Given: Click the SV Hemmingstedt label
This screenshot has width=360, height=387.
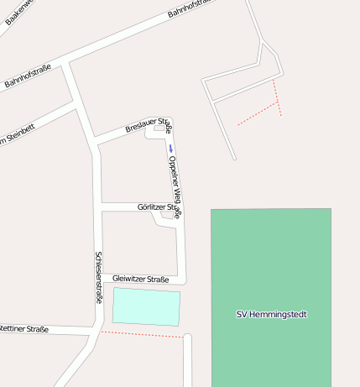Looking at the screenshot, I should coord(271,315).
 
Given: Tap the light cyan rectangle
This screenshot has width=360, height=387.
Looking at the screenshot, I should coord(146,306).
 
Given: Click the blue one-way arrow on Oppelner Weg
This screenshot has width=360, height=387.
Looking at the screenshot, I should coord(170,149).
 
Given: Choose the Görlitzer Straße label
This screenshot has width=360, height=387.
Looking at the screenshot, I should coord(158,207).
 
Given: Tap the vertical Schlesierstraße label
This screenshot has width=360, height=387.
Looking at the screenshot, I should coord(99,277).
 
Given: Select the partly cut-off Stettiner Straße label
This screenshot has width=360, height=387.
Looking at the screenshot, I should coord(24,329).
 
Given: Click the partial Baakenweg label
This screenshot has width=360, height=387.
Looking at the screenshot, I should coord(18,13).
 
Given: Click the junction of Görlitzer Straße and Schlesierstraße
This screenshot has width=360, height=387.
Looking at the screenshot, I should coord(101,207).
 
